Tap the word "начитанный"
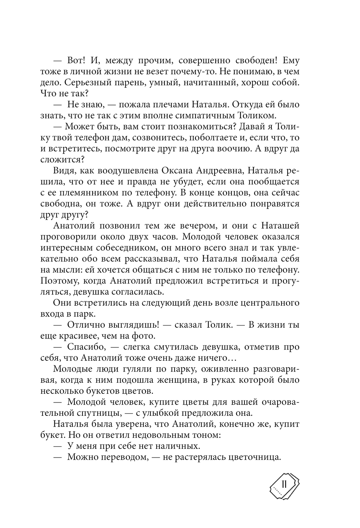[x=207, y=82]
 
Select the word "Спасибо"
[x=86, y=347]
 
